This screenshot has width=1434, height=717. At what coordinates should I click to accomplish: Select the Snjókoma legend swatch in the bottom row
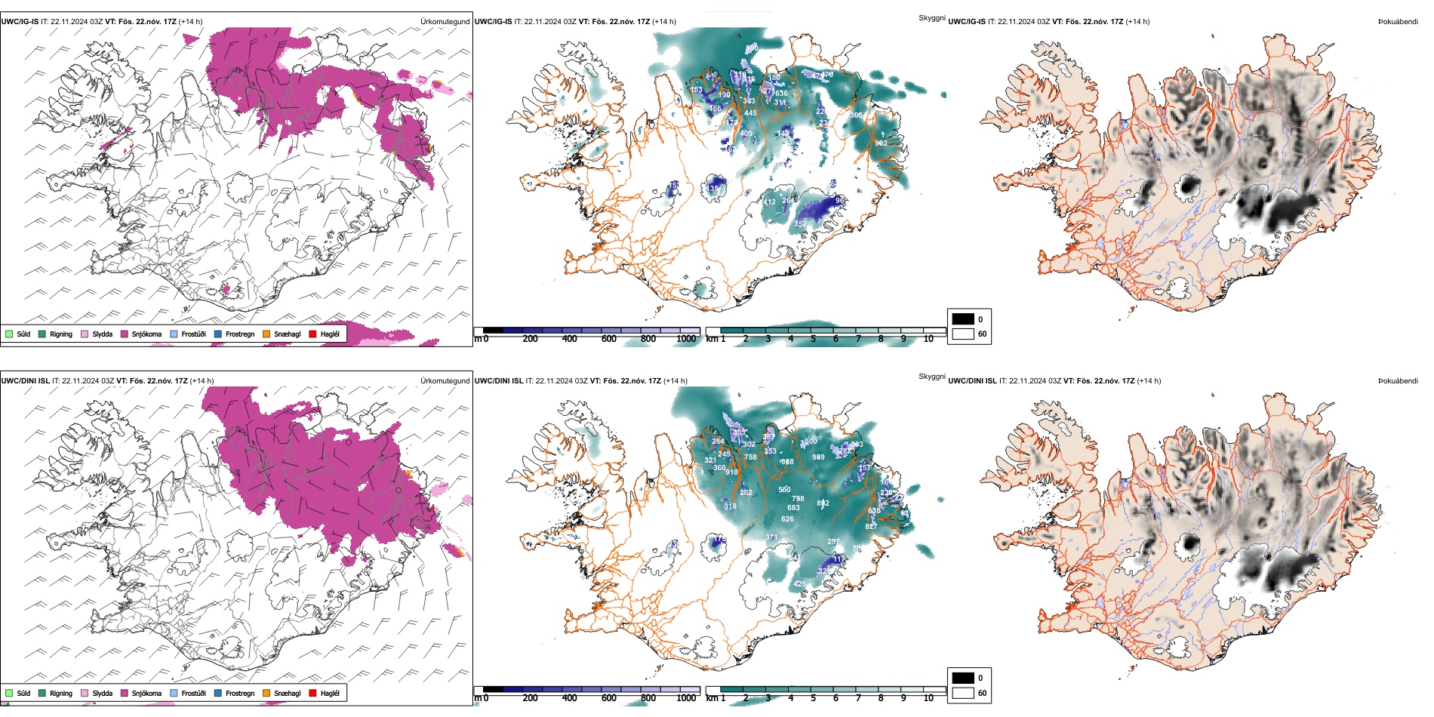pos(125,693)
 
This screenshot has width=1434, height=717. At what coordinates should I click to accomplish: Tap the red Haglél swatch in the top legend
pos(312,334)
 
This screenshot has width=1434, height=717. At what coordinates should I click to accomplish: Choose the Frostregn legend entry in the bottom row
pos(235,693)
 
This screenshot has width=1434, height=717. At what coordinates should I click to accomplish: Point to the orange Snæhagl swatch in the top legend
pos(266,334)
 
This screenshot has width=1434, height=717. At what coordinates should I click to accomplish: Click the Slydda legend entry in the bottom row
pos(97,693)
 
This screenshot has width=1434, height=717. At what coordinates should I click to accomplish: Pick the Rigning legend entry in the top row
pos(56,334)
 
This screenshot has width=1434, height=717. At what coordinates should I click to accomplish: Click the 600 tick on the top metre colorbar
pos(608,339)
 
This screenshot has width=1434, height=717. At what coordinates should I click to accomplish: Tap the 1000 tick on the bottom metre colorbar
pos(686,698)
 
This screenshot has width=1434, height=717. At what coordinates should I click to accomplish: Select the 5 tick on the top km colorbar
pos(813,339)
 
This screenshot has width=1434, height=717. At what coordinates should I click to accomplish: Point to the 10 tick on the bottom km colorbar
pos(928,698)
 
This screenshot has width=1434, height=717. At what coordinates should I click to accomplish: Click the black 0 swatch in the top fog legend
pos(963,319)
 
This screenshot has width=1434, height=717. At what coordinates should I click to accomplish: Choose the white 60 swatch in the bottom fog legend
pos(963,693)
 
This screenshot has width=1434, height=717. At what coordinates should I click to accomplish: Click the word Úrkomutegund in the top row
pos(445,22)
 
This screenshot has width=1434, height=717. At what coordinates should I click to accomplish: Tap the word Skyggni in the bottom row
pos(931,377)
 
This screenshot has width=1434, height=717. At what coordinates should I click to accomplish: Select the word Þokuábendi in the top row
pos(1398,22)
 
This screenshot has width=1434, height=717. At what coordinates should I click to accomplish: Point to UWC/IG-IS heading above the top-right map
pos(966,22)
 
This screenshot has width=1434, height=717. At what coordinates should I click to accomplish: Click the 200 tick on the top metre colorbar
pos(530,339)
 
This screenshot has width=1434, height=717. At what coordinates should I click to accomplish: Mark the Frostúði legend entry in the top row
pos(188,334)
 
